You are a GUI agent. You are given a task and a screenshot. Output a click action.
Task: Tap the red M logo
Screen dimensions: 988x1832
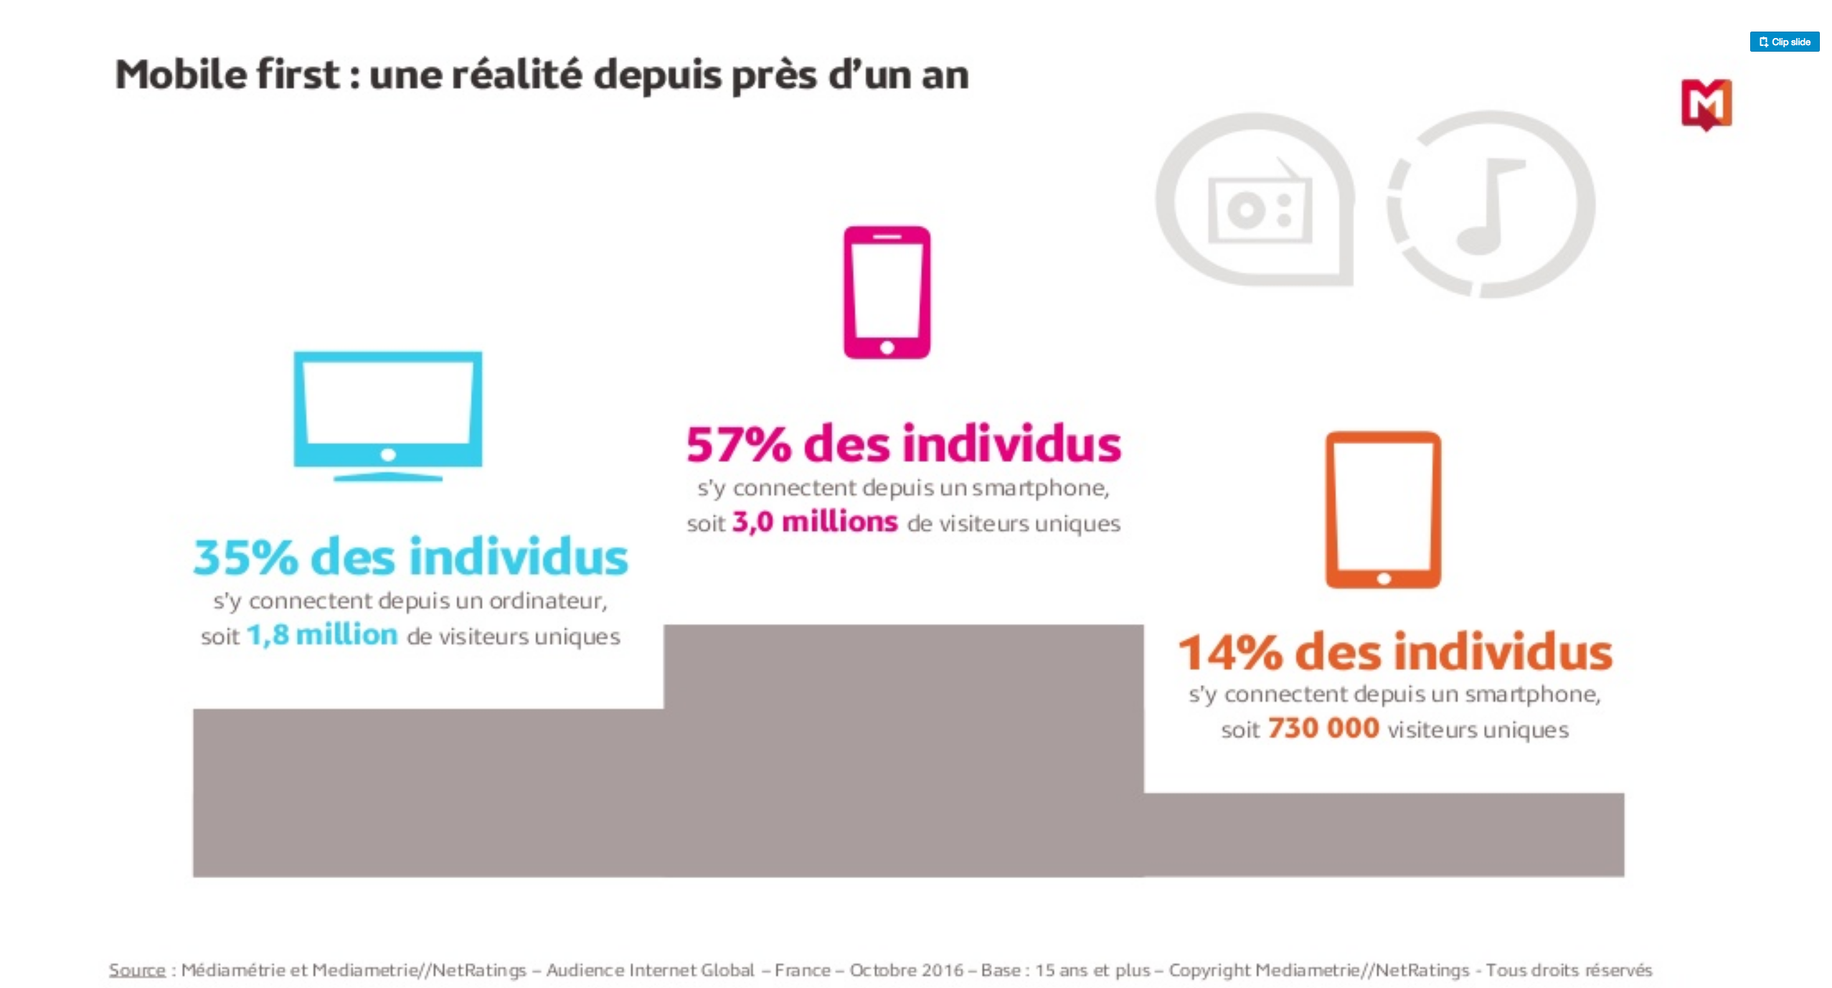(1706, 104)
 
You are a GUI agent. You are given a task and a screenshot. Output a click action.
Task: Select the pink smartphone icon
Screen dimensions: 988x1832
(887, 292)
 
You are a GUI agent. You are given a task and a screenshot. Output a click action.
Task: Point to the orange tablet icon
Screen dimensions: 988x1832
(1382, 509)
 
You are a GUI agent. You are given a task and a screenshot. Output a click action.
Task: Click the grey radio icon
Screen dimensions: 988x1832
(1259, 208)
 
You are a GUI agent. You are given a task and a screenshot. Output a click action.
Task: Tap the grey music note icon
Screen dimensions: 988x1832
(1492, 205)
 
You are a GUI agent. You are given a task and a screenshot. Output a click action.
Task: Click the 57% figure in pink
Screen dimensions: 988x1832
(739, 445)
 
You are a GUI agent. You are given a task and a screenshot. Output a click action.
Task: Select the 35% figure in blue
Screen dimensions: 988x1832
(245, 557)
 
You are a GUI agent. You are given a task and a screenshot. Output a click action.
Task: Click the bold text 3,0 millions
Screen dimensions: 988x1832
(814, 522)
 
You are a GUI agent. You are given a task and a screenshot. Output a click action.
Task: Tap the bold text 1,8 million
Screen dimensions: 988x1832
(321, 635)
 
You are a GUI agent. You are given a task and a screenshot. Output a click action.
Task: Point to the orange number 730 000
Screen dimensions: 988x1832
(1323, 728)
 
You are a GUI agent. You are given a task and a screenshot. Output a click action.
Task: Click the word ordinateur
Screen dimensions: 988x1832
(548, 601)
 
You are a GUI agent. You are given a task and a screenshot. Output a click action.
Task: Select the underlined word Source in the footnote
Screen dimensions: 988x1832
(137, 970)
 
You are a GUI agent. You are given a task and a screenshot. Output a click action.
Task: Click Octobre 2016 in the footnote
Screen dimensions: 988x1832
(906, 970)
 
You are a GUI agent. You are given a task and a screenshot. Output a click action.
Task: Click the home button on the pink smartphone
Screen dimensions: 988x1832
(887, 348)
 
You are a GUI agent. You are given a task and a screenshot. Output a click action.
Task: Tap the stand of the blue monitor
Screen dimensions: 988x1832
(387, 476)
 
